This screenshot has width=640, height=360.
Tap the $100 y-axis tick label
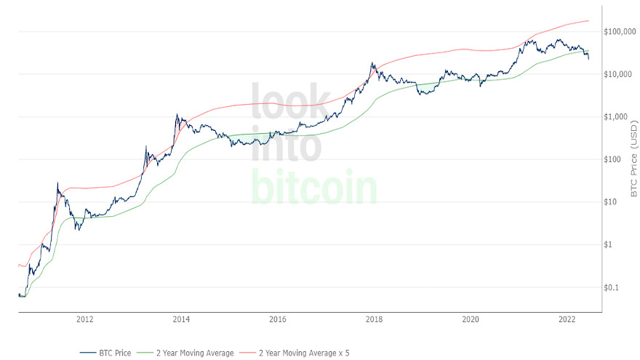[615, 159]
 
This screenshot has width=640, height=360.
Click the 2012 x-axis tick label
[84, 319]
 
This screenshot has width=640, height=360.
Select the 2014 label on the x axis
[181, 319]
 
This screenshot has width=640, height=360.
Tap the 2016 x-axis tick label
[277, 319]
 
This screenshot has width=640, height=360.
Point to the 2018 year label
[374, 319]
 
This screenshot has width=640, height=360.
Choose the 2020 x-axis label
[471, 319]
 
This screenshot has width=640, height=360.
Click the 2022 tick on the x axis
[567, 319]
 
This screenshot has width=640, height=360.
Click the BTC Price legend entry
[116, 353]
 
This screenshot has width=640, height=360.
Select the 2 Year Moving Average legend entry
[193, 353]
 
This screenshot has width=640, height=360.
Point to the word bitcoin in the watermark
[314, 187]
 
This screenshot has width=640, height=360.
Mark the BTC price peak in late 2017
[372, 63]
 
